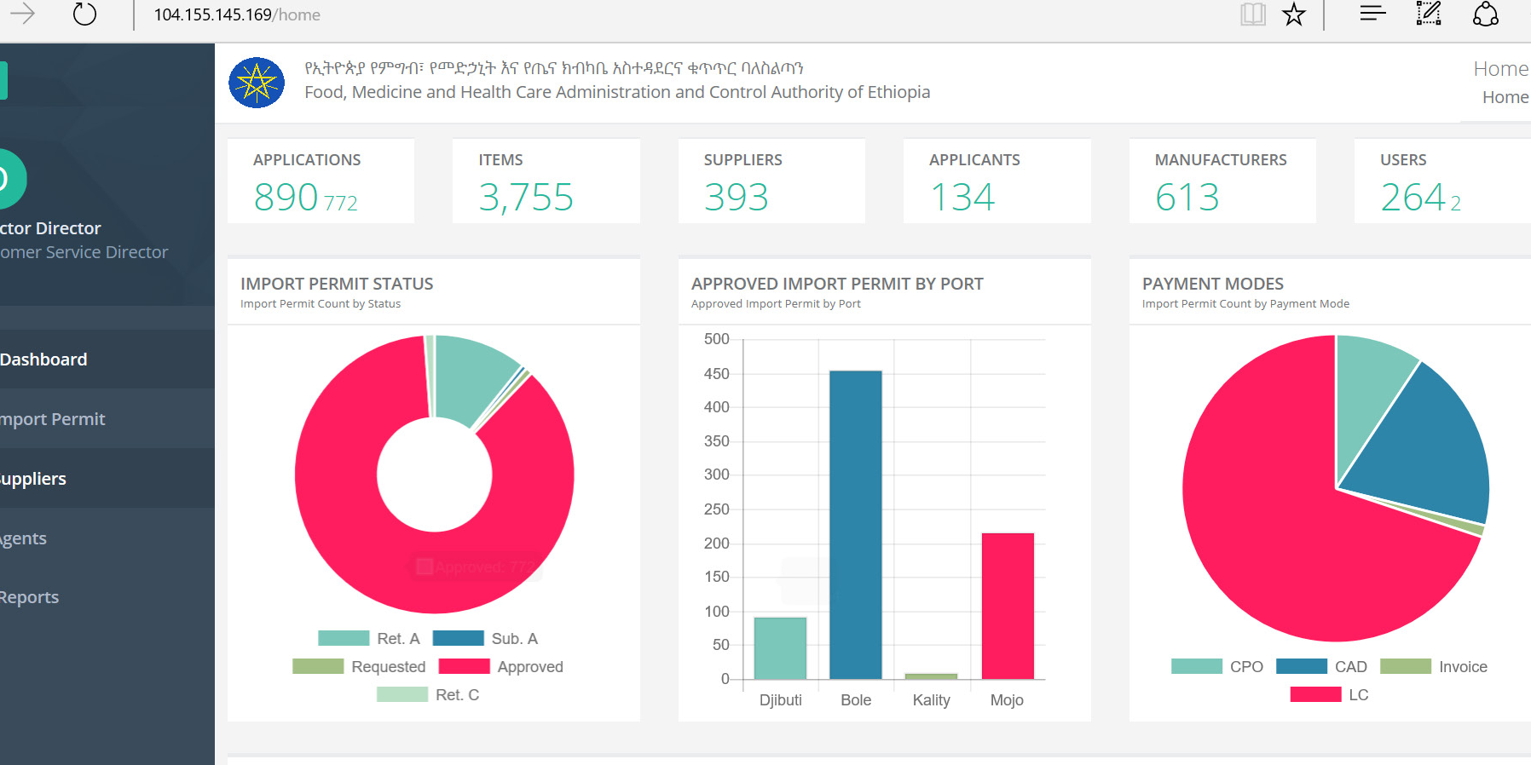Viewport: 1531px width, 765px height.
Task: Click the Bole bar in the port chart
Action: coord(856,524)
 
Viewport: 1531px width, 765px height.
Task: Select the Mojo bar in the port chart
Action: coord(1008,606)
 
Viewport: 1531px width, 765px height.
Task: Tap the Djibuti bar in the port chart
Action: coord(780,647)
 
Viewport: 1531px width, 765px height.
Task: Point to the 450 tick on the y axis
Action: coord(717,374)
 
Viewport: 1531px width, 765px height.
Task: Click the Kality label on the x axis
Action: coord(931,700)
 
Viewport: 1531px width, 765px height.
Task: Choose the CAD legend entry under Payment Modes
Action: coord(1322,667)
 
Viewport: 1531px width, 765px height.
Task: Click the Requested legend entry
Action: coord(359,667)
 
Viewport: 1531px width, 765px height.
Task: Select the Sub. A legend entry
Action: coord(485,639)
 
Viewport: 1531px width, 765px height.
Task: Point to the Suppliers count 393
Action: coord(737,198)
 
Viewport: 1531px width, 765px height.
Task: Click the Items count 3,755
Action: coord(526,198)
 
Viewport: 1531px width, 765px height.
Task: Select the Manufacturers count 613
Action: coord(1187,198)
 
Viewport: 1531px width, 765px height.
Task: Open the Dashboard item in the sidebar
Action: coord(44,359)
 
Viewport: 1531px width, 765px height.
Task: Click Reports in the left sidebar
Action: coord(30,597)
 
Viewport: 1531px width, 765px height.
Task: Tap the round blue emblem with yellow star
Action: coord(257,83)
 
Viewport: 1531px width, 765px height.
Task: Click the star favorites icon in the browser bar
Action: coord(1294,14)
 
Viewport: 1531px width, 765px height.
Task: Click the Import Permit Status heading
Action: coord(337,284)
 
